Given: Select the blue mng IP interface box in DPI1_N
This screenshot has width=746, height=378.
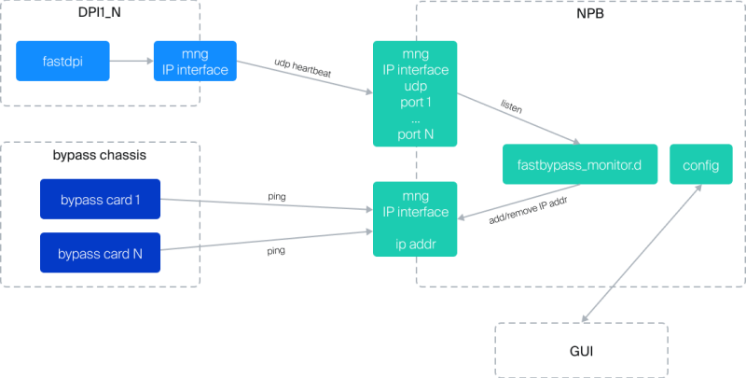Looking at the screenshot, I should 194,61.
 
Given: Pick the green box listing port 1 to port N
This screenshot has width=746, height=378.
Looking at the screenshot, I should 415,94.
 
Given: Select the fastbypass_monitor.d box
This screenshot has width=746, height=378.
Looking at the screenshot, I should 579,165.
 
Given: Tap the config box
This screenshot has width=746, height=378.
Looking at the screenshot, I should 700,165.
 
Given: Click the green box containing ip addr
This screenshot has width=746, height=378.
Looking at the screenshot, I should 415,219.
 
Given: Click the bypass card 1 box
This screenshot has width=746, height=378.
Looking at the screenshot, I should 100,199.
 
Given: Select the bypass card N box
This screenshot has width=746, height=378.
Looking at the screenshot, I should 100,253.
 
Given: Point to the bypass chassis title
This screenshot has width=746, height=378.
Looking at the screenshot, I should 101,154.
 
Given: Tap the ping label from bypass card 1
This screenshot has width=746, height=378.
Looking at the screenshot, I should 277,197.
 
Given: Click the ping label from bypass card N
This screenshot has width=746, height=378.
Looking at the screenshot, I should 277,251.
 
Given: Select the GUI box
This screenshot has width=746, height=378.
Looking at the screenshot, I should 581,351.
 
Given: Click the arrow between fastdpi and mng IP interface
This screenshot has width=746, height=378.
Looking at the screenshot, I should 131,62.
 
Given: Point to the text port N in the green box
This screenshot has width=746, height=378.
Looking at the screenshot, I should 415,133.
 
